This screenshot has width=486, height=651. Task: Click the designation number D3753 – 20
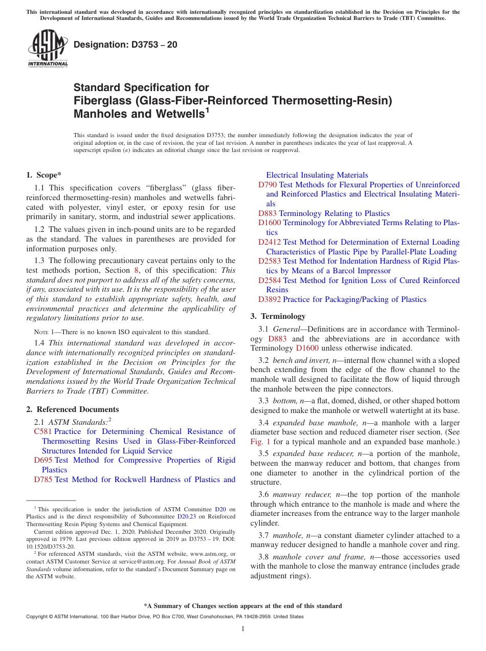[125, 45]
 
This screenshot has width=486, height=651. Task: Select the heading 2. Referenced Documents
[72, 409]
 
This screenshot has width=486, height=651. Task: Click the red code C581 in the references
[42, 431]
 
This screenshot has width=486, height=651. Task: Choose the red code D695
[43, 460]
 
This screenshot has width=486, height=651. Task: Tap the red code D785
[43, 480]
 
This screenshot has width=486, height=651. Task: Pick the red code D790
[268, 185]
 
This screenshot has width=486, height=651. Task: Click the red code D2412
[270, 242]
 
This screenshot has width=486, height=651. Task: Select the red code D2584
[270, 280]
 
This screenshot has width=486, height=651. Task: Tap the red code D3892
[270, 299]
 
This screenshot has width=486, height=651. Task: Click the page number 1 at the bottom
[243, 628]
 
